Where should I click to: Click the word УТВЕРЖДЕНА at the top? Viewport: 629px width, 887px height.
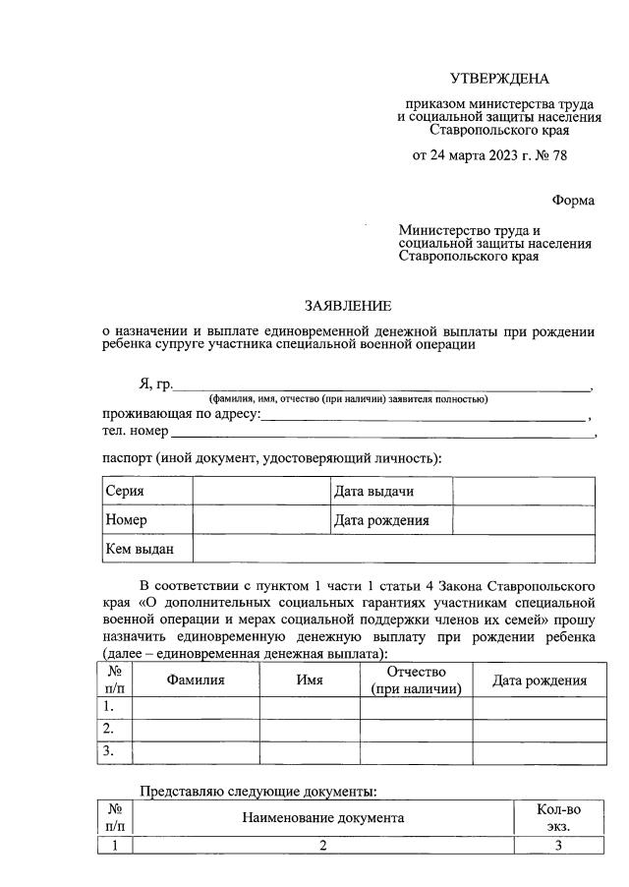(499, 79)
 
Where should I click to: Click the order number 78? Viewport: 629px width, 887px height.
(558, 154)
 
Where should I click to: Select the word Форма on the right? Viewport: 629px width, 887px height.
(572, 200)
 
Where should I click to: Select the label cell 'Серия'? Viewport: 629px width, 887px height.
(147, 492)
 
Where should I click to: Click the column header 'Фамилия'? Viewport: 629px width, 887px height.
(196, 680)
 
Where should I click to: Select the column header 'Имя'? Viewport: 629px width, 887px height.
(310, 680)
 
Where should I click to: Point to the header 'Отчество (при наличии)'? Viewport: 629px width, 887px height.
(416, 680)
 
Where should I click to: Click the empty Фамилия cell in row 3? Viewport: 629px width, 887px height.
(196, 752)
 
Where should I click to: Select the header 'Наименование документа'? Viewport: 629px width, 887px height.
(321, 817)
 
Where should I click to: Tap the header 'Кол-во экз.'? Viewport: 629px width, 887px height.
(558, 817)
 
